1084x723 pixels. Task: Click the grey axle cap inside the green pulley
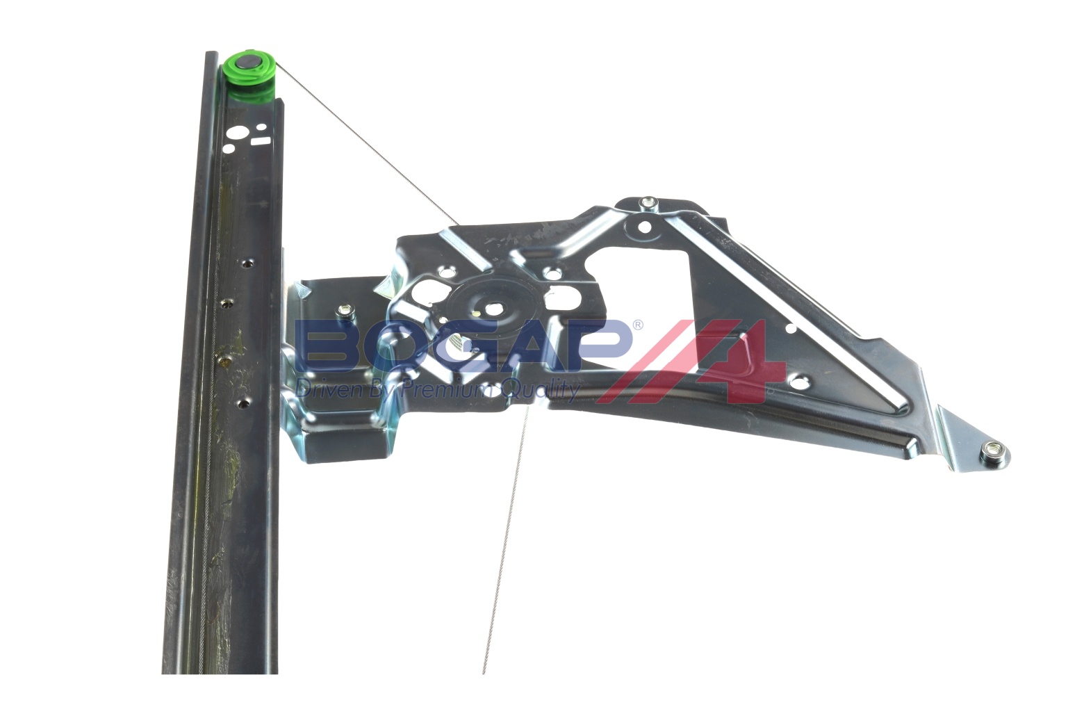coord(249,63)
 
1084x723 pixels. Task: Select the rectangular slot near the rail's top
coord(261,140)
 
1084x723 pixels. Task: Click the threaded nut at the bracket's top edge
coord(647,204)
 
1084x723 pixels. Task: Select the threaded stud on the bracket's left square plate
coord(345,310)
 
